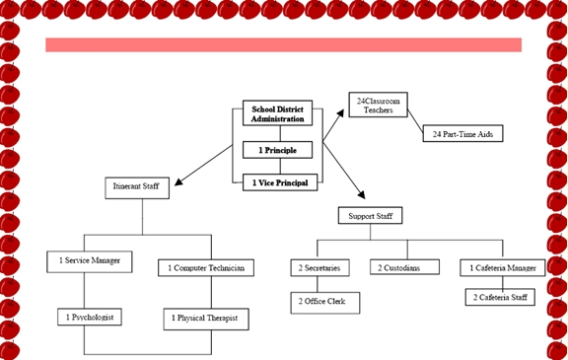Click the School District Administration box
pos(277,113)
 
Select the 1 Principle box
pos(277,150)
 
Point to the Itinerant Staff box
pos(137,186)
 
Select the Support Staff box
pos(370,215)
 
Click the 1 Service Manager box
pos(90,261)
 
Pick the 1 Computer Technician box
pos(207,267)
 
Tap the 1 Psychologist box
pos(90,318)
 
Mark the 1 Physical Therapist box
pos(206,319)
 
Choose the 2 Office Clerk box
pos(324,301)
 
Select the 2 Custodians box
pos(404,267)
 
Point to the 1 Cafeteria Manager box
pos(502,267)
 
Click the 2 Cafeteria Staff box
pos(500,296)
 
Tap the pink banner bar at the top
pos(283,45)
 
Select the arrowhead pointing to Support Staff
pos(361,200)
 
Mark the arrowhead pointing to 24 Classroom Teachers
pos(342,111)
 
